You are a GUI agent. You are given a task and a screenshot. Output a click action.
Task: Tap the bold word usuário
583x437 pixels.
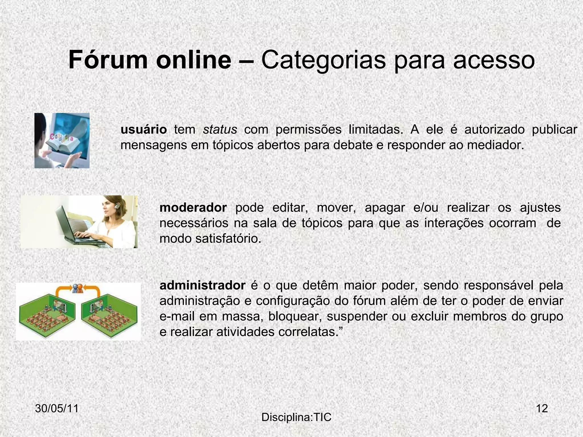tap(143, 130)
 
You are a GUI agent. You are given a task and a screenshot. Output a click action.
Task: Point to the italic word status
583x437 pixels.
tap(220, 130)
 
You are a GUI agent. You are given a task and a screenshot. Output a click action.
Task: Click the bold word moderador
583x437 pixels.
tap(193, 208)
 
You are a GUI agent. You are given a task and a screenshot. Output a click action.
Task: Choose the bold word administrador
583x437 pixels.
tap(202, 285)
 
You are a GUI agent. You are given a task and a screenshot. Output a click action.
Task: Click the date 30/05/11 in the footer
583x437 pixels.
tap(57, 409)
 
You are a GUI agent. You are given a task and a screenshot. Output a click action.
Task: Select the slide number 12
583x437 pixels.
tap(542, 409)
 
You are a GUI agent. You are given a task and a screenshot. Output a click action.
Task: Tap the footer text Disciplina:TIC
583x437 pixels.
tap(296, 417)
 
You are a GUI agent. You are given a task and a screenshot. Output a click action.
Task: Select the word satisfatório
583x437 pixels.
tap(228, 239)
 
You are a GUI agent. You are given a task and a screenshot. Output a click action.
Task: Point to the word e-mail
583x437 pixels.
tap(177, 317)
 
